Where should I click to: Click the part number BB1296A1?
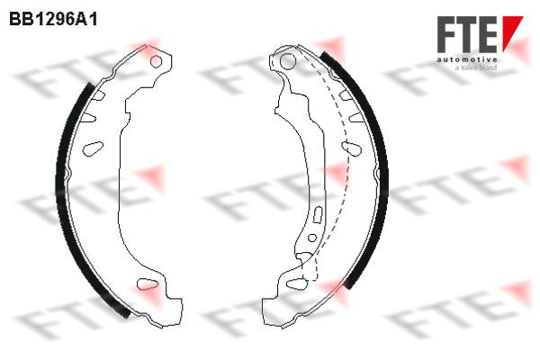53,20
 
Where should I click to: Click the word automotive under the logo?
467,59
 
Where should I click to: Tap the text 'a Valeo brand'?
476,67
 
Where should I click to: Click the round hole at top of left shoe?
156,61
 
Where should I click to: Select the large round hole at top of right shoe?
288,61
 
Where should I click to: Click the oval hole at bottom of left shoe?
148,283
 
